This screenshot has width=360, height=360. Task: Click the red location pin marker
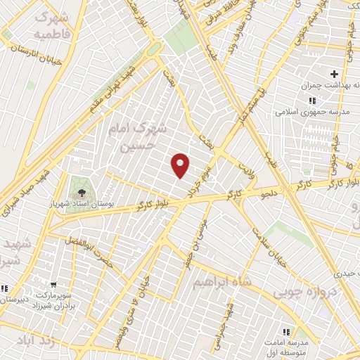(x=181, y=165)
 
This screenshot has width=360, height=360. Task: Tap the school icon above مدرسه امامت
(x=286, y=331)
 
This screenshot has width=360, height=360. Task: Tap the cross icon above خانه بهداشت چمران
(x=334, y=74)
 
